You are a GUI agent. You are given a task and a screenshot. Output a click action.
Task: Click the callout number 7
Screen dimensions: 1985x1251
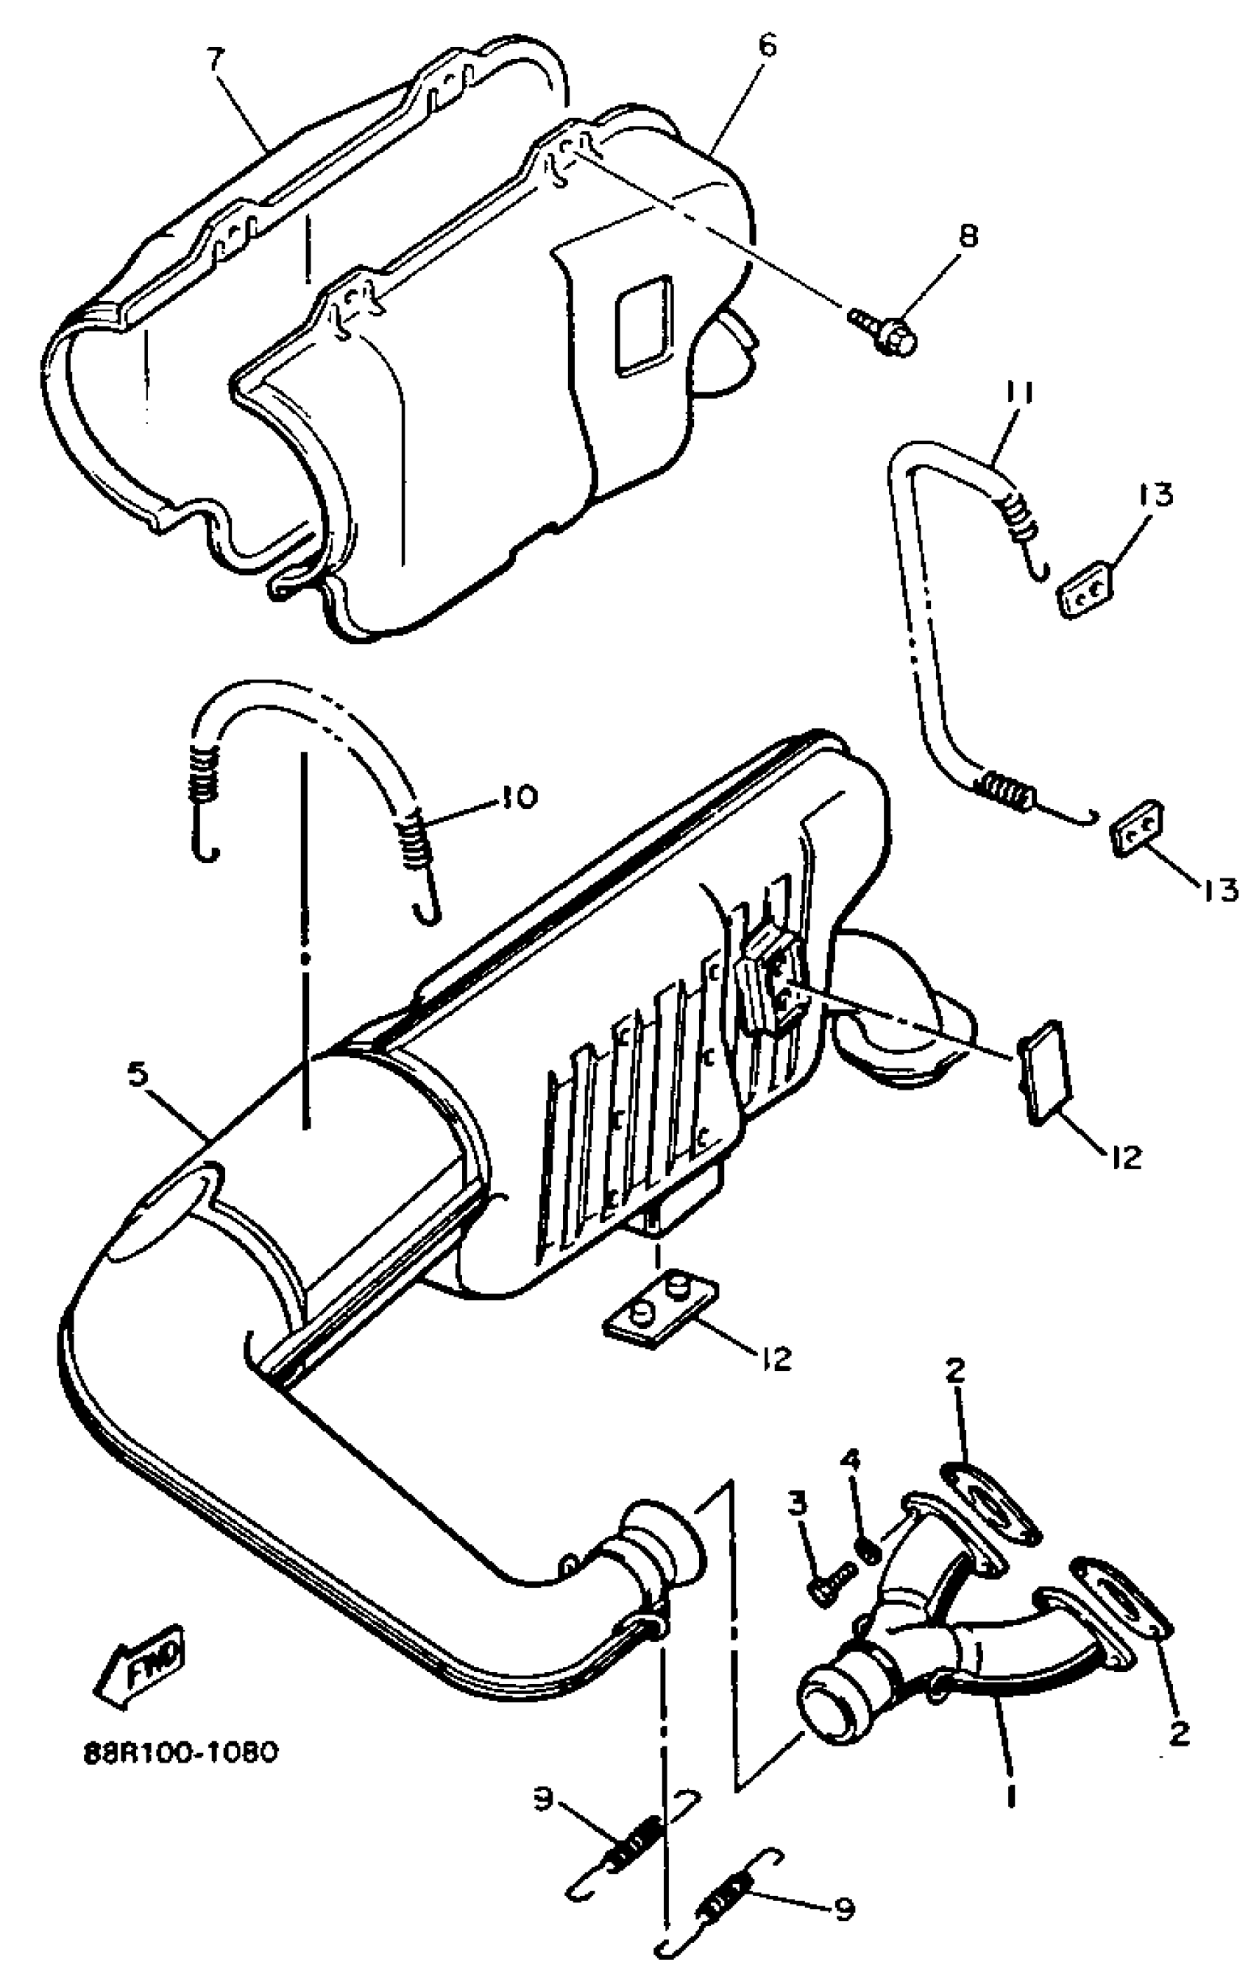215,61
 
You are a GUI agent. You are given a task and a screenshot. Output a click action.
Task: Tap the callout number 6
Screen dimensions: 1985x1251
767,47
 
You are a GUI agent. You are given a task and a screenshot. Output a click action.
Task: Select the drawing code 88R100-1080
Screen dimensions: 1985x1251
180,1751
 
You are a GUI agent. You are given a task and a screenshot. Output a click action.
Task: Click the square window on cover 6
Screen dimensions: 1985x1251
644,324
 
